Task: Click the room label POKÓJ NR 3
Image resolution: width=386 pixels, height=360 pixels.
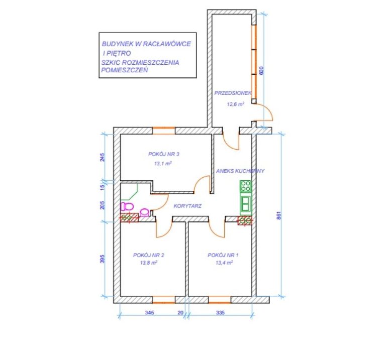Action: pyautogui.click(x=164, y=154)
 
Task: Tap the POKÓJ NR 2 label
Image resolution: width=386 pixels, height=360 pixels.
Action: pyautogui.click(x=149, y=255)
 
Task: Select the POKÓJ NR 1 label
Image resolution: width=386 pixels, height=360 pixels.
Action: pyautogui.click(x=223, y=255)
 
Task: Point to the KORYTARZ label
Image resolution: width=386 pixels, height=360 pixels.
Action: pyautogui.click(x=187, y=206)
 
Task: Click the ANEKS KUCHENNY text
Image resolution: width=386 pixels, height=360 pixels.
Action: pyautogui.click(x=240, y=171)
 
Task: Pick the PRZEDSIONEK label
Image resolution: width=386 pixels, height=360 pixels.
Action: pyautogui.click(x=233, y=93)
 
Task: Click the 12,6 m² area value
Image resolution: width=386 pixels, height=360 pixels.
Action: pyautogui.click(x=236, y=104)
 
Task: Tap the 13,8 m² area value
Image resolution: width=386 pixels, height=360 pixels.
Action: pyautogui.click(x=149, y=263)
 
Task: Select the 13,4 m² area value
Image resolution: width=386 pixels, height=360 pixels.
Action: pyautogui.click(x=224, y=263)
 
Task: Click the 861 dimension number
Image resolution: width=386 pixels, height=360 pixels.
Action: pyautogui.click(x=279, y=215)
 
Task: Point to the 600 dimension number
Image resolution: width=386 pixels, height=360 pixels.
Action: pyautogui.click(x=261, y=71)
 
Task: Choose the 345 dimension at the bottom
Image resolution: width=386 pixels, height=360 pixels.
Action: pyautogui.click(x=149, y=312)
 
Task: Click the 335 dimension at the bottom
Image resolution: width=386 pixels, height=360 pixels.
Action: pyautogui.click(x=220, y=312)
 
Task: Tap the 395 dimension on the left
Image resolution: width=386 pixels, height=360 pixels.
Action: pyautogui.click(x=103, y=259)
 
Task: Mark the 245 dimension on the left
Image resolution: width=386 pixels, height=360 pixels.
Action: pyautogui.click(x=103, y=157)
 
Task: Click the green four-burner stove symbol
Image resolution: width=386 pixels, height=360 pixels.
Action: pyautogui.click(x=246, y=186)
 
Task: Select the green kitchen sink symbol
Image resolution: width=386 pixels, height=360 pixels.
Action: pyautogui.click(x=246, y=204)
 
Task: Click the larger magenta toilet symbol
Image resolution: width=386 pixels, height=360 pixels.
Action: pyautogui.click(x=127, y=206)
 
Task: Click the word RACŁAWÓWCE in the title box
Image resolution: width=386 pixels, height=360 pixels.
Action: pyautogui.click(x=167, y=44)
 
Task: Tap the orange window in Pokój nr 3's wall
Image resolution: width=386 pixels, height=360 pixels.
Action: pyautogui.click(x=164, y=131)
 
